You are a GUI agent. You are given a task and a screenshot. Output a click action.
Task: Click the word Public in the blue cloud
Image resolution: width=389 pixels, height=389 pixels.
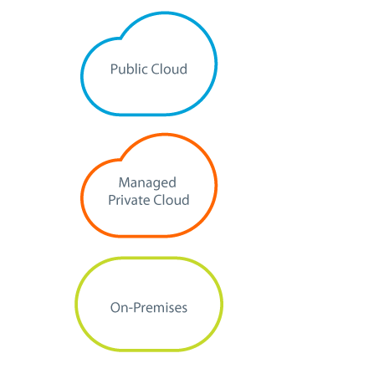click(129, 69)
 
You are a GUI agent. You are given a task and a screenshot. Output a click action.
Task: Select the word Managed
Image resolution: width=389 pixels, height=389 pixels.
click(147, 183)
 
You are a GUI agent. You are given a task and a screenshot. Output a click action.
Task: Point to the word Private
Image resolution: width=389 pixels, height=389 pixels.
click(129, 200)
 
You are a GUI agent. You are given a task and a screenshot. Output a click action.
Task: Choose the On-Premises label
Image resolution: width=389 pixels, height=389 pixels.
click(149, 308)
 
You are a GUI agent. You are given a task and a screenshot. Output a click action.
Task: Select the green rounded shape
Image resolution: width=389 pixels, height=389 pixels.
click(75, 304)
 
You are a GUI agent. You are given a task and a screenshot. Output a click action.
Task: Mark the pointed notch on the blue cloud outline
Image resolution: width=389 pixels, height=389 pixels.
click(120, 38)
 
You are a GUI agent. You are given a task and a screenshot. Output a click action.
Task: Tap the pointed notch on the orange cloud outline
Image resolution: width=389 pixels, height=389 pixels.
click(120, 160)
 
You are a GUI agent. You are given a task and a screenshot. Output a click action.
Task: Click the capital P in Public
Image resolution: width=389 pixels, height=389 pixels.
click(115, 69)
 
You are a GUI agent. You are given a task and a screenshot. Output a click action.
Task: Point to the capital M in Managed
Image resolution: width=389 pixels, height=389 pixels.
click(124, 182)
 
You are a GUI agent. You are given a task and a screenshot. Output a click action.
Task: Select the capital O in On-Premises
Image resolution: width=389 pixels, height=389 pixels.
click(115, 308)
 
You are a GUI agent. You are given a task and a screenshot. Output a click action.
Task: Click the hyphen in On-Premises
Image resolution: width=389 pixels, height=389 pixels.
click(131, 309)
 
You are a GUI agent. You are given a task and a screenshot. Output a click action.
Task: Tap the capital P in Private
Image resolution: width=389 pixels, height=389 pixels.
click(112, 200)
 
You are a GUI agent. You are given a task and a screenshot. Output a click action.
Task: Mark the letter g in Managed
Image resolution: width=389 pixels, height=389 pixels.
click(156, 185)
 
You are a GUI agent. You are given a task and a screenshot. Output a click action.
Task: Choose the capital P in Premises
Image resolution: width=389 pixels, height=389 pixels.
click(137, 308)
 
